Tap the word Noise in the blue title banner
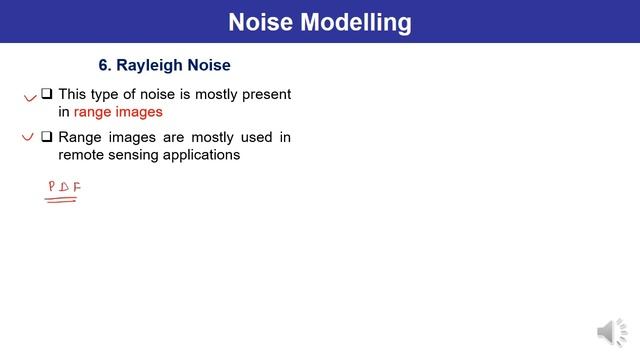(x=259, y=21)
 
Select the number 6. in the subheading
(x=105, y=65)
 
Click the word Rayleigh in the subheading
(x=151, y=65)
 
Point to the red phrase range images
(x=118, y=112)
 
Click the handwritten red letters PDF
(x=64, y=187)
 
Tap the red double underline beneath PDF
(x=62, y=199)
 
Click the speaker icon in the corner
(x=611, y=333)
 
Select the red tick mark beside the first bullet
(x=29, y=98)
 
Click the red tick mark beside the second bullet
(x=29, y=138)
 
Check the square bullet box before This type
(x=47, y=95)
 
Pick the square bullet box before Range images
(x=47, y=137)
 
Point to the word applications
(x=204, y=155)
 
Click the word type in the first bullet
(x=110, y=94)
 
